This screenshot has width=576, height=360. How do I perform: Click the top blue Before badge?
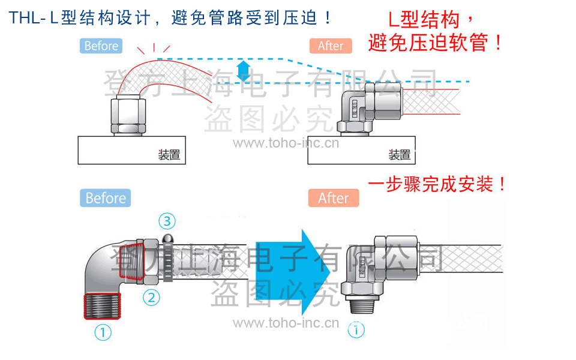click(x=101, y=46)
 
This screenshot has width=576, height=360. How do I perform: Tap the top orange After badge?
click(x=331, y=46)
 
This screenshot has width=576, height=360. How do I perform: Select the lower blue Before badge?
click(x=105, y=198)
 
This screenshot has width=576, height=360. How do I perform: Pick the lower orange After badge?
click(x=334, y=198)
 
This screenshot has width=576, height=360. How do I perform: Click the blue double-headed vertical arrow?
click(x=243, y=70)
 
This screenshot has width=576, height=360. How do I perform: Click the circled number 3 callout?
click(x=167, y=221)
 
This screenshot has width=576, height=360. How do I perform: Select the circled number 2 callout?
click(x=151, y=296)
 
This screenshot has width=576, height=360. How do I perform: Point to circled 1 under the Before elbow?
click(x=103, y=332)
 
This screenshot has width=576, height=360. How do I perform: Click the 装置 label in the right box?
click(x=400, y=155)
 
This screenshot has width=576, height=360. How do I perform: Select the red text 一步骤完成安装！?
click(x=438, y=184)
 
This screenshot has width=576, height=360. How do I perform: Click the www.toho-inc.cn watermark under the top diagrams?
click(x=286, y=143)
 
